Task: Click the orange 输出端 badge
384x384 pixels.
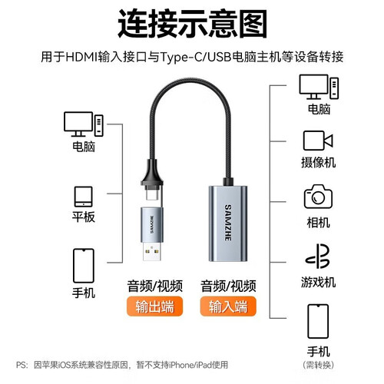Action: point(154,306)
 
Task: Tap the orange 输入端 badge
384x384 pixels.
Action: point(228,306)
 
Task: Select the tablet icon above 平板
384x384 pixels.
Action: point(83,197)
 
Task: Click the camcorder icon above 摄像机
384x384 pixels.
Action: point(318,141)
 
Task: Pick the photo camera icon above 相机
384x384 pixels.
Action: point(318,197)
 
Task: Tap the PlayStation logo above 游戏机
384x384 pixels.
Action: point(317,256)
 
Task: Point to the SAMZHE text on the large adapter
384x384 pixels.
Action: point(227,222)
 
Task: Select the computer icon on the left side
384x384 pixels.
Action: point(84,124)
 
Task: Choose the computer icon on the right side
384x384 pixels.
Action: point(319,87)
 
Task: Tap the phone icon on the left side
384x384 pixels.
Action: point(84,266)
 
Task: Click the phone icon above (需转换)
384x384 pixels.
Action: point(318,321)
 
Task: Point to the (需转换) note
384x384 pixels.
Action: point(318,365)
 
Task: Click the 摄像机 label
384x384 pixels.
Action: point(318,162)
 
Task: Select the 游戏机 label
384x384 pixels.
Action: point(318,282)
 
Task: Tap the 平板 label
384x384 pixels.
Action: point(84,217)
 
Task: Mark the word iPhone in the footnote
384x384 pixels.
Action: point(180,365)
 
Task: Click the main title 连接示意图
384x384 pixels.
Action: point(193,24)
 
